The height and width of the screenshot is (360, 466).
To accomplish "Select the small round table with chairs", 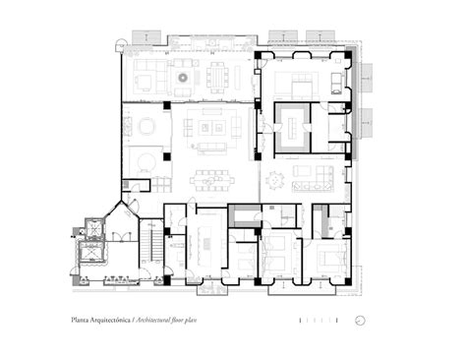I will click(274, 181).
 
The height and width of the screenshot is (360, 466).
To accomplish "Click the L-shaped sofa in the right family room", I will click(317, 177).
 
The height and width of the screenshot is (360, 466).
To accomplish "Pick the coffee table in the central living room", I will click(211, 129).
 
